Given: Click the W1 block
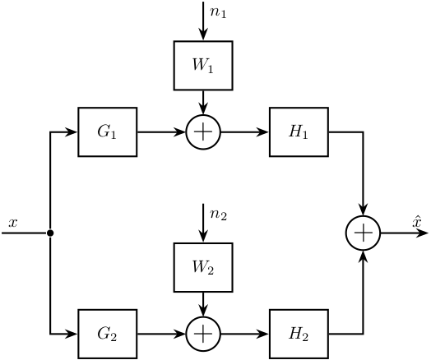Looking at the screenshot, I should pos(203,66).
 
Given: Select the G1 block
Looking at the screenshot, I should pos(107,132).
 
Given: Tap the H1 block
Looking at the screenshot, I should pos(299,132).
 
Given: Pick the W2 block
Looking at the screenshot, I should pos(203,267).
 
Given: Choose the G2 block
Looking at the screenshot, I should pos(107,334).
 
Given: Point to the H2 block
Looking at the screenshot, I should pos(299,334).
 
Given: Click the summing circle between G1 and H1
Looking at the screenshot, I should pos(203,132).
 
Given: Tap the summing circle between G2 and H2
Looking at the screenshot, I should pos(203,334).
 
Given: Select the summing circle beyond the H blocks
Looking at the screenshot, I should pos(363,233).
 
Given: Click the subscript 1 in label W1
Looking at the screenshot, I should pos(211,69).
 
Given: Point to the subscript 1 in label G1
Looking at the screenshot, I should pos(114,135).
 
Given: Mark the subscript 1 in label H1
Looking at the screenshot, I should pos(305,135).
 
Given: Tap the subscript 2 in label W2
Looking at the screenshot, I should pos(211,270).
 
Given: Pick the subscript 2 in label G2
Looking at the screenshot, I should pos(114,337).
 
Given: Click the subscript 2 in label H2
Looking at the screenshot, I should pos(305,337).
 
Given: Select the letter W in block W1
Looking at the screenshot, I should pos(199,65).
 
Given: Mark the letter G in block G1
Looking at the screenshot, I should pos(104,131).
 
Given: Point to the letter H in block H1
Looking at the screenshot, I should pos(295,131).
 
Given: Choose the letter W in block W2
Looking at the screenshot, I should pos(199,266).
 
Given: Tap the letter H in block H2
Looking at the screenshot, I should pos(295,333).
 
